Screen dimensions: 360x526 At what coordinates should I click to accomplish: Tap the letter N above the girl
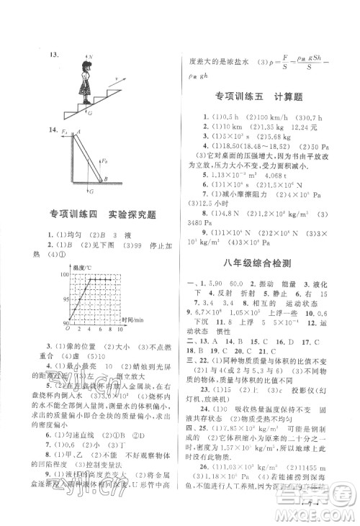[92, 55]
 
